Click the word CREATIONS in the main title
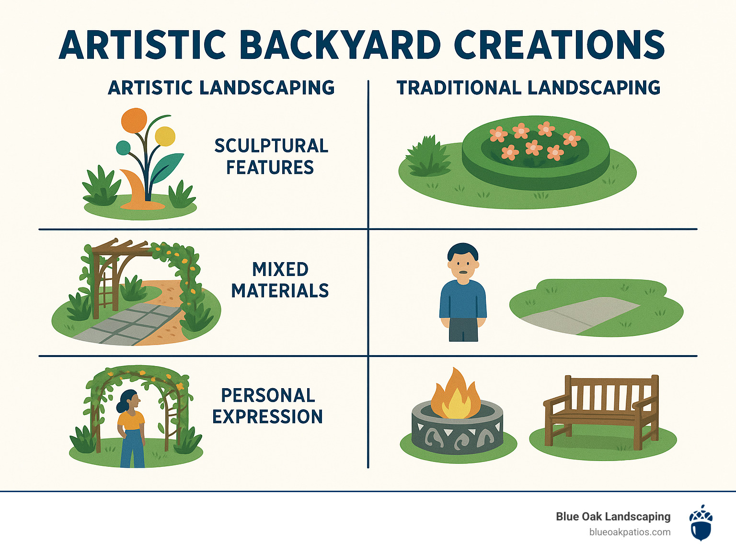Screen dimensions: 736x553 [x=559, y=45]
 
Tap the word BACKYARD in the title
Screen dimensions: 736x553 [x=340, y=45]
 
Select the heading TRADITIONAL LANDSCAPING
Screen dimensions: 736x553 [x=529, y=88]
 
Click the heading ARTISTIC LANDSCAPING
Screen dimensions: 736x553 [x=221, y=88]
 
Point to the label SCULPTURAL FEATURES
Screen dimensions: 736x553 [x=271, y=157]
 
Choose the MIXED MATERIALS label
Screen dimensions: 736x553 [x=280, y=280]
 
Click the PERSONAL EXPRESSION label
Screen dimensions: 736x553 [x=267, y=406]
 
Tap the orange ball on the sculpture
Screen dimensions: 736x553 [x=134, y=121]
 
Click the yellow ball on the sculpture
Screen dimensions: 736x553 [x=165, y=136]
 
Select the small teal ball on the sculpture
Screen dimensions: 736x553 [x=123, y=148]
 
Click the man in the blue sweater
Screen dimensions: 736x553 [x=463, y=292]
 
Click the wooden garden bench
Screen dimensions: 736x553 [x=601, y=413]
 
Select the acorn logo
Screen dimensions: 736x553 [x=701, y=522]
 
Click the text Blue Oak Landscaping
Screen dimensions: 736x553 [x=613, y=517]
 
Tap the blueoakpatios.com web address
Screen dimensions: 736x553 [x=630, y=532]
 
